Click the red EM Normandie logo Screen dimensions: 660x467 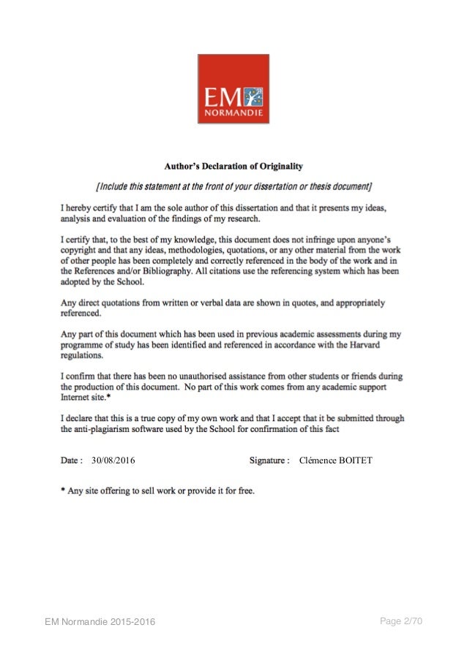pyautogui.click(x=233, y=88)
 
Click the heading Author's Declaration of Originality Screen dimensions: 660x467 pyautogui.click(x=233, y=165)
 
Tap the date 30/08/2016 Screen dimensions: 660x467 pyautogui.click(x=113, y=460)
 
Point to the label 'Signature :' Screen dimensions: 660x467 pyautogui.click(x=269, y=460)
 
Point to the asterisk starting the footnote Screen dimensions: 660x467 pyautogui.click(x=62, y=491)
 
